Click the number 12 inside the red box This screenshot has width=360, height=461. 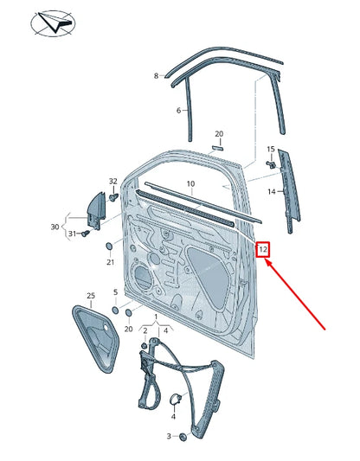(x=266, y=249)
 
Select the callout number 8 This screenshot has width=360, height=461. (x=157, y=76)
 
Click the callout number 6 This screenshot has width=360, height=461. (x=178, y=111)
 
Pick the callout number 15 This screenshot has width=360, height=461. (x=271, y=150)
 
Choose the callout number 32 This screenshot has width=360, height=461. (x=112, y=181)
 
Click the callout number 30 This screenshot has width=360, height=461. (x=55, y=227)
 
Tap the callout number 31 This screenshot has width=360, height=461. (x=73, y=234)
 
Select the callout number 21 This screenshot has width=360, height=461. (x=110, y=261)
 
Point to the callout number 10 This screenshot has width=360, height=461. (x=190, y=183)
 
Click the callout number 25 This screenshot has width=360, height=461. (x=89, y=296)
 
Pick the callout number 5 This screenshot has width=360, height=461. (x=115, y=292)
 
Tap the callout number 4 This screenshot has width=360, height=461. (x=173, y=417)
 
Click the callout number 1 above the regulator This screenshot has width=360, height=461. (x=156, y=317)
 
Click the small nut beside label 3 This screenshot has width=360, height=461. (x=183, y=438)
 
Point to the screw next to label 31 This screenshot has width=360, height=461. (x=85, y=234)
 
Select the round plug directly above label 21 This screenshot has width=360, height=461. (x=110, y=247)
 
